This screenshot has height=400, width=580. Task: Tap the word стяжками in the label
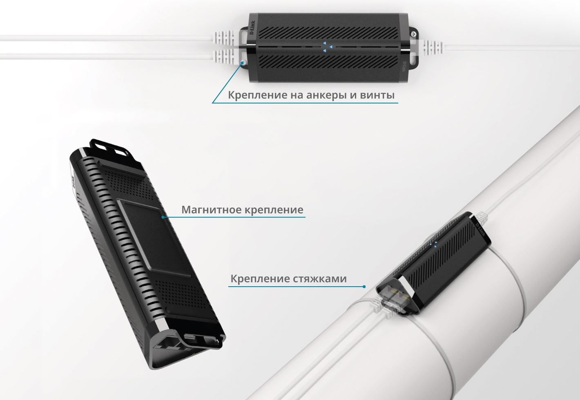click(x=320, y=279)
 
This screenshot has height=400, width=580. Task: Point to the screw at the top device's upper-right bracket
click(x=414, y=33)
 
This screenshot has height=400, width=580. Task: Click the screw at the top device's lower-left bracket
click(x=243, y=62)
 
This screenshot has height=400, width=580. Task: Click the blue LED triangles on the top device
click(x=328, y=47)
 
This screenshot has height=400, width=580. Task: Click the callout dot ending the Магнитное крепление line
click(x=163, y=217)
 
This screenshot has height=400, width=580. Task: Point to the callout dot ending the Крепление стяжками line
click(x=364, y=287)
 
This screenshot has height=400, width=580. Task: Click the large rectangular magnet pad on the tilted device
click(x=154, y=238)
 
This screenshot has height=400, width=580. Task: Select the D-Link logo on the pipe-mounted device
click(x=480, y=228)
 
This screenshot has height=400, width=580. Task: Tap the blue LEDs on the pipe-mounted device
click(x=434, y=244)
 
